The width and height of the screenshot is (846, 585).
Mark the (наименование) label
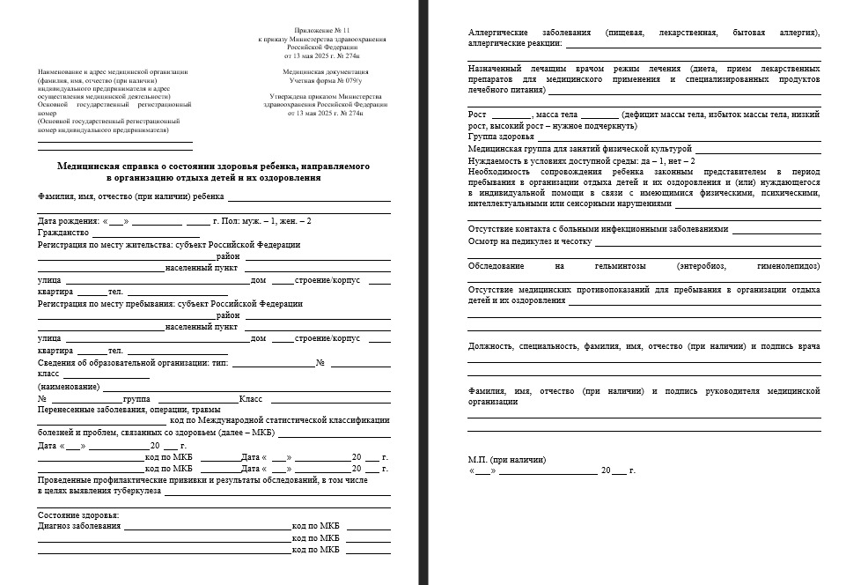tap(69, 387)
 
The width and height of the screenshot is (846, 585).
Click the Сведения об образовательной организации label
tap(122, 363)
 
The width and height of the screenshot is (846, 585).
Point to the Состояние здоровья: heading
tap(78, 515)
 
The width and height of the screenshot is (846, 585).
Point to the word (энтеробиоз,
tap(701, 265)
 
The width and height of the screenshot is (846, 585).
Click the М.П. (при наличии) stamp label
tap(506, 459)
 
